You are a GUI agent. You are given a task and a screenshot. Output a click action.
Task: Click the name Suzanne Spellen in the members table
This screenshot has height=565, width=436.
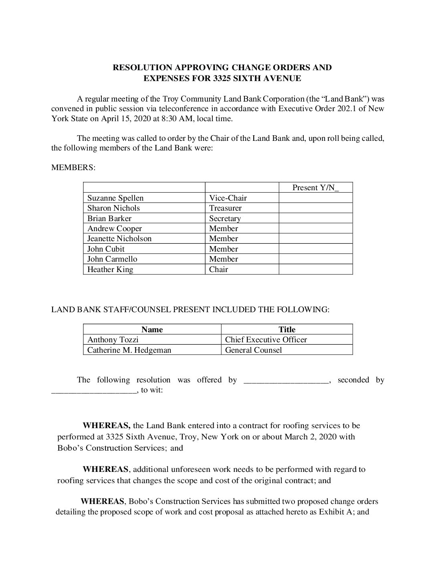[x=115, y=198]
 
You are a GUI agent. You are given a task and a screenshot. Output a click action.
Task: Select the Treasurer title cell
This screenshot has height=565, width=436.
[x=225, y=208]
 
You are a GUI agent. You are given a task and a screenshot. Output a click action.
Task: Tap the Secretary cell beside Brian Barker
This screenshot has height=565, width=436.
[x=225, y=218]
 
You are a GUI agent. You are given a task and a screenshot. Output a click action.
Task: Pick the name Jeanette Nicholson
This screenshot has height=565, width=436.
[x=119, y=238]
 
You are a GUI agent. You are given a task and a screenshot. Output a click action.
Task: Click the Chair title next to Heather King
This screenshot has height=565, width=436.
[x=218, y=269]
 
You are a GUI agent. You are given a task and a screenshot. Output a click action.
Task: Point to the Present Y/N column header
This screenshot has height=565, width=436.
[x=315, y=187]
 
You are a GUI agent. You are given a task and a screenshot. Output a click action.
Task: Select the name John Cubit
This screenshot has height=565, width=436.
[x=106, y=249]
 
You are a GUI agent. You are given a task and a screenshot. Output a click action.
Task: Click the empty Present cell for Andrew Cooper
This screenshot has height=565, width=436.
[x=315, y=228]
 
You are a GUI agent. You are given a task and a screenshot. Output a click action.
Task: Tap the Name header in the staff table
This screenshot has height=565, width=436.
[x=152, y=329]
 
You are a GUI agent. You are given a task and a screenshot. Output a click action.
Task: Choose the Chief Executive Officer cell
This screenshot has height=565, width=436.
[x=266, y=339]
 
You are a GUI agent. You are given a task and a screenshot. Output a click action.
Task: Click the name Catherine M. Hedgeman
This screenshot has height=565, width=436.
[x=129, y=350]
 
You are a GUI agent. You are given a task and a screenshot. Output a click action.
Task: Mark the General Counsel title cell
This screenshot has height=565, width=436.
[x=253, y=350]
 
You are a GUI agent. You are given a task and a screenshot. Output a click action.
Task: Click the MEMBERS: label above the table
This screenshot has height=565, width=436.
[x=73, y=167]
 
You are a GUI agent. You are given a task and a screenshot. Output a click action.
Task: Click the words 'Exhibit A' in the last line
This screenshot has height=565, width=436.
[x=332, y=512]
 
